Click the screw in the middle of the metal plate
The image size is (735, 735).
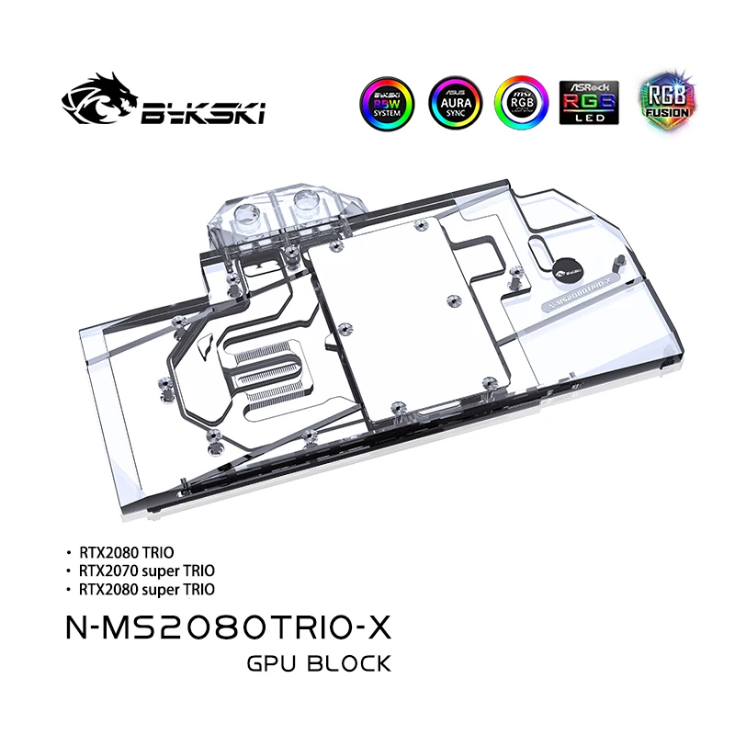450,300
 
